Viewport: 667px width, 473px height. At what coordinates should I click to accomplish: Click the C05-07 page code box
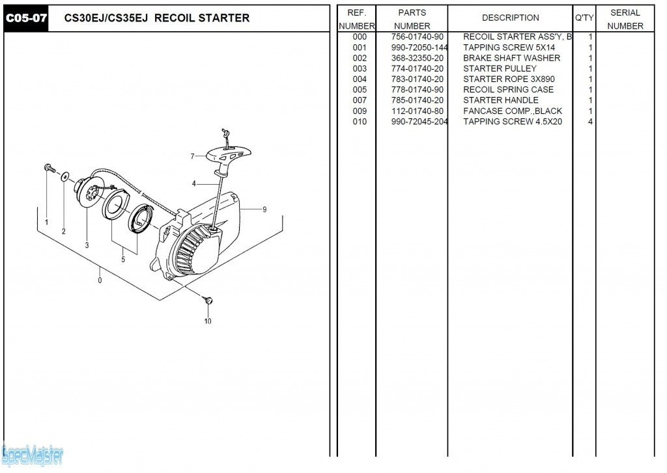(x=26, y=18)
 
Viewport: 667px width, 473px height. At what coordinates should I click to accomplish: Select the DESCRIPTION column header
(x=510, y=18)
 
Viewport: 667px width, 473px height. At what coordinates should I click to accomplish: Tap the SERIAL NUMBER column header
(x=625, y=19)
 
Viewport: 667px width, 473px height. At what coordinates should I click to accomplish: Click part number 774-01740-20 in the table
(x=418, y=69)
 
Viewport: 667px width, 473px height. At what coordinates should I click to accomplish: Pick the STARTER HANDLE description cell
(x=500, y=100)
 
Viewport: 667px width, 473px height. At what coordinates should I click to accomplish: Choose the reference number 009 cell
(x=360, y=111)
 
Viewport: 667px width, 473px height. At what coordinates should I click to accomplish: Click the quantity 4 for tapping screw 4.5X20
(x=590, y=122)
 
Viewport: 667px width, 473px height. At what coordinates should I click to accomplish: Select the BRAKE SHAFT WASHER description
(x=511, y=59)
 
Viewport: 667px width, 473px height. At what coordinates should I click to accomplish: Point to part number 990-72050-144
(x=419, y=47)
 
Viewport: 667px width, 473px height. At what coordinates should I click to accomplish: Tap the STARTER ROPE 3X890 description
(x=509, y=79)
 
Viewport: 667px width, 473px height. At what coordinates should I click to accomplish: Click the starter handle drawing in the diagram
(x=228, y=155)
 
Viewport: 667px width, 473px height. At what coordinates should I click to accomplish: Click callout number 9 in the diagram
(x=264, y=209)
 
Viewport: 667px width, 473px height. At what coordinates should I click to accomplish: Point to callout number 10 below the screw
(x=208, y=321)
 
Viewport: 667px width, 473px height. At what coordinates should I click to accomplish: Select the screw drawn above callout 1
(x=49, y=169)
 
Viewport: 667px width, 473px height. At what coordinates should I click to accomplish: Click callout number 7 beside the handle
(x=192, y=156)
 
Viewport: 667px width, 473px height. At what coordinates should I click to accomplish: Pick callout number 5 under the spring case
(x=123, y=260)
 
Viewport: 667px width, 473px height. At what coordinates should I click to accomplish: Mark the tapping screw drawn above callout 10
(x=208, y=301)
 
